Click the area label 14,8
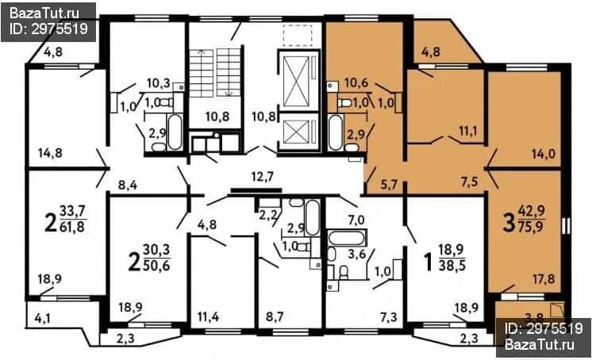click(x=50, y=153)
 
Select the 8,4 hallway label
click(x=128, y=185)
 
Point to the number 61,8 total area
click(x=71, y=227)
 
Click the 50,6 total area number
click(x=156, y=266)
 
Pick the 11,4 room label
click(x=209, y=317)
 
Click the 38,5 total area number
click(x=452, y=266)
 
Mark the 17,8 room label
click(x=544, y=279)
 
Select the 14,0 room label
click(x=544, y=154)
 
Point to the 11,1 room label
click(x=468, y=131)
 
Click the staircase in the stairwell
click(x=215, y=72)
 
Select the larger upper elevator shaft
click(x=298, y=80)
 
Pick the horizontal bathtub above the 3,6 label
click(x=346, y=237)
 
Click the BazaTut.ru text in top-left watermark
click(x=44, y=13)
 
